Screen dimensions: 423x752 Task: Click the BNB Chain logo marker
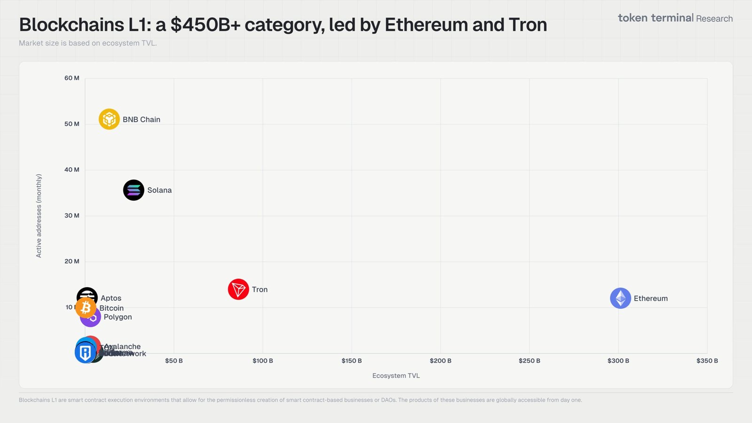click(109, 119)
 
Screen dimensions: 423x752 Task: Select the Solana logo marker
click(133, 190)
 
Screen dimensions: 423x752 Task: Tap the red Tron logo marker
click(238, 290)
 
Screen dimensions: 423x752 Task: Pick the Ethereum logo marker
click(620, 298)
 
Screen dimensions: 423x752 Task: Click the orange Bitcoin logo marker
click(86, 308)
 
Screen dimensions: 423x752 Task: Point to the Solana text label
click(159, 190)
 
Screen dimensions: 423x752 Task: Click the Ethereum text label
click(650, 298)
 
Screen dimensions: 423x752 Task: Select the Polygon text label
click(117, 317)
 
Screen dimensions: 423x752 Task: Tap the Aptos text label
click(111, 298)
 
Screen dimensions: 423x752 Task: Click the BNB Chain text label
click(141, 120)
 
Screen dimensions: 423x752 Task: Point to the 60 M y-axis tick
click(72, 78)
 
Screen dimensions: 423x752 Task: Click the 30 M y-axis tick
click(72, 216)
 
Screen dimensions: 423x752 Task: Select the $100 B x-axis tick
click(263, 361)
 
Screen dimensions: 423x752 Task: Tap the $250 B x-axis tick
click(529, 361)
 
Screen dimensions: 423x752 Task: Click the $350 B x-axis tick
click(707, 361)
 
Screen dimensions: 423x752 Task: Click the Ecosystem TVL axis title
click(396, 376)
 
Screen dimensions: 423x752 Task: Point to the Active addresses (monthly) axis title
click(39, 216)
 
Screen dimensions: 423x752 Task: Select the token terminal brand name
click(656, 18)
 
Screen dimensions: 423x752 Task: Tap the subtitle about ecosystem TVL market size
click(88, 43)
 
